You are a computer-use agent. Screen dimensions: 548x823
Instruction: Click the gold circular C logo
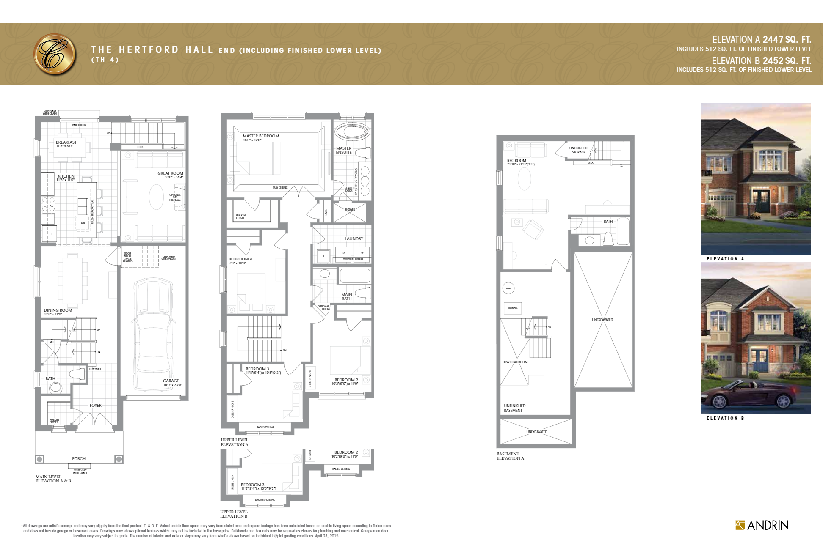(x=55, y=54)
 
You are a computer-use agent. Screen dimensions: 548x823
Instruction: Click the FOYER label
(x=95, y=405)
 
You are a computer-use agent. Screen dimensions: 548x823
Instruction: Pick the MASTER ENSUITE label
(x=343, y=150)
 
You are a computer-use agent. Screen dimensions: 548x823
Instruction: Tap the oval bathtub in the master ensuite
(x=352, y=132)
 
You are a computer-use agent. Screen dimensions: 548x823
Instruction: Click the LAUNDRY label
(x=354, y=239)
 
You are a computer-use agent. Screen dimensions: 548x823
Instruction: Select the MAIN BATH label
(x=346, y=297)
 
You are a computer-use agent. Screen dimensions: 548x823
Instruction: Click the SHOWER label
(x=350, y=209)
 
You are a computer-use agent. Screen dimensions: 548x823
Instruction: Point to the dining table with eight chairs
(x=72, y=280)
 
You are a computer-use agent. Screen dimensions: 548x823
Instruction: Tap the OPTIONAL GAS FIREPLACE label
(x=175, y=197)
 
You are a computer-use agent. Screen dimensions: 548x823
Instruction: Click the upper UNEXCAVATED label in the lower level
(x=602, y=320)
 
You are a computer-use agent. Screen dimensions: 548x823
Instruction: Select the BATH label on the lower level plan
(x=608, y=221)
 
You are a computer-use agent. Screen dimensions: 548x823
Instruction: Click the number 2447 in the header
(x=773, y=40)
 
